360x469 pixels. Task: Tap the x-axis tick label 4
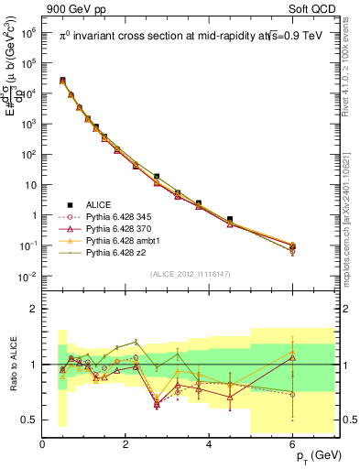pyautogui.click(x=210, y=444)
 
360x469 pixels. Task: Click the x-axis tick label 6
pyautogui.click(x=293, y=444)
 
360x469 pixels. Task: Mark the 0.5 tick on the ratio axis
pyautogui.click(x=30, y=420)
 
